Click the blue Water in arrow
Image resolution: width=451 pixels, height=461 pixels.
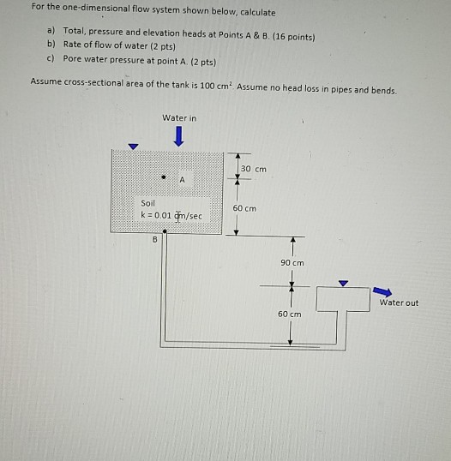point(178,136)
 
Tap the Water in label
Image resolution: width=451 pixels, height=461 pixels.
point(179,117)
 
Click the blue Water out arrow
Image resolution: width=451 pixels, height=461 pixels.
point(382,290)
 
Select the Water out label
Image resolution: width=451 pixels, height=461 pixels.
point(399,302)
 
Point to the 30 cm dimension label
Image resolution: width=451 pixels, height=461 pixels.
point(254,169)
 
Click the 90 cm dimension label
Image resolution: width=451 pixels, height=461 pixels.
point(292,262)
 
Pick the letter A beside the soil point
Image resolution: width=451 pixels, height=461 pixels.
point(182,180)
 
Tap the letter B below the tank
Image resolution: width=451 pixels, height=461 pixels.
point(155,240)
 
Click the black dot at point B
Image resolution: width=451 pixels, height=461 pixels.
point(165,233)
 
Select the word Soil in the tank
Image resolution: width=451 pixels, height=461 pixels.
point(149,203)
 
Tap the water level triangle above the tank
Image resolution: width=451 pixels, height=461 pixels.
point(131,146)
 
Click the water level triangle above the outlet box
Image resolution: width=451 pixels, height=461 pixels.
point(344,283)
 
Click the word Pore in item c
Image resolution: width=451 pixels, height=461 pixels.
point(73,61)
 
